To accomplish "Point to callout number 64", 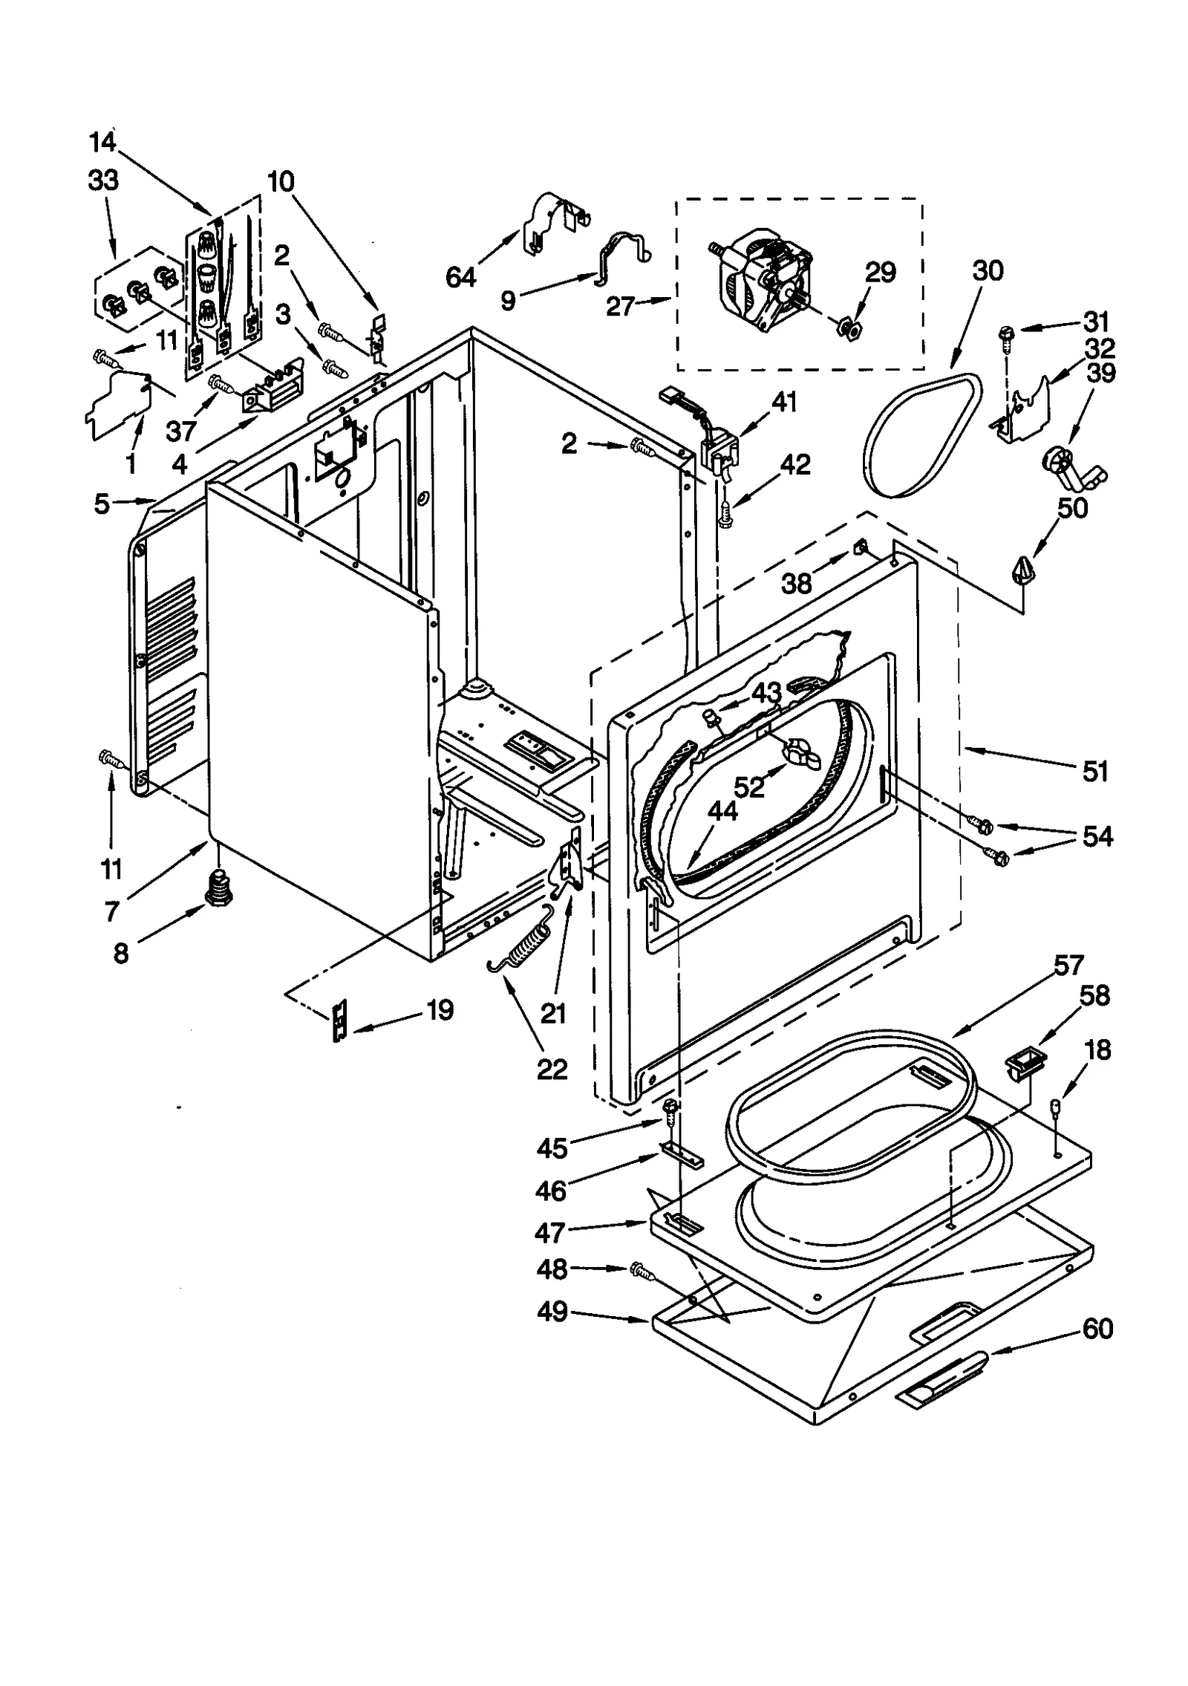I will (x=460, y=277).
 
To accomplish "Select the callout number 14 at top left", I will (x=103, y=141).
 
